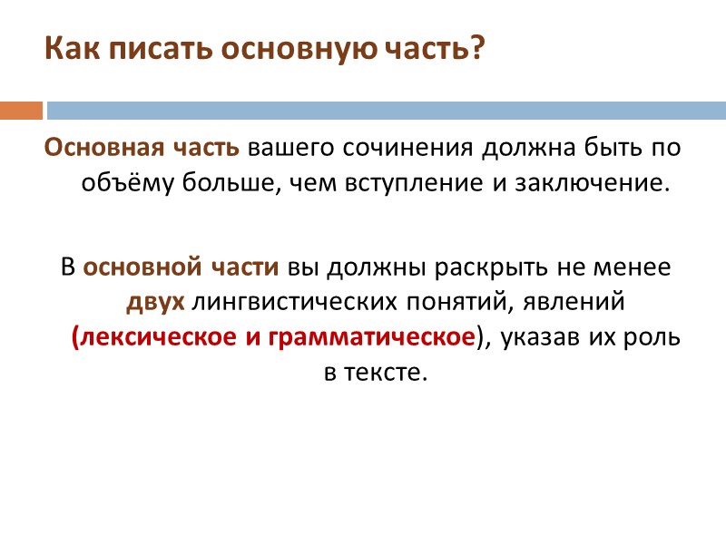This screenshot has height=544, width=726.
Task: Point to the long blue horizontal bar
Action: [x=386, y=111]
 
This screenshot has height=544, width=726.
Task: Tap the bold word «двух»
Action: [x=156, y=302]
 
